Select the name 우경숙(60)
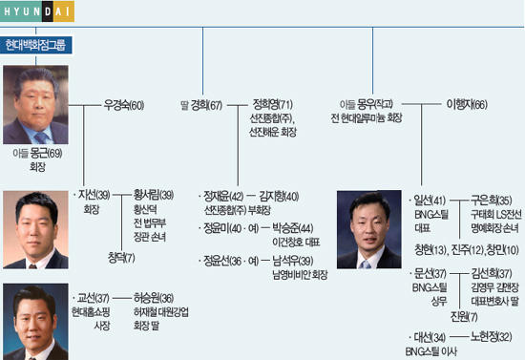coord(125,104)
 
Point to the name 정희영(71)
coord(273,104)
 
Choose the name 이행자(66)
coord(467,104)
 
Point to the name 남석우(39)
coord(292,260)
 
